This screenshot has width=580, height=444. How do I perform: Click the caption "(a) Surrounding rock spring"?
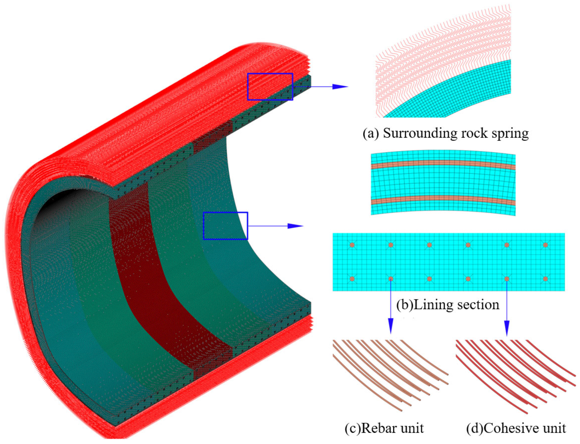446,133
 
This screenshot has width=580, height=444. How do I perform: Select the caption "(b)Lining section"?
448,305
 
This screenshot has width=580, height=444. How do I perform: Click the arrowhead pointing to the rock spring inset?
340,86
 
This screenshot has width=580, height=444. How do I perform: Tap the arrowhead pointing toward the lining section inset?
295,226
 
